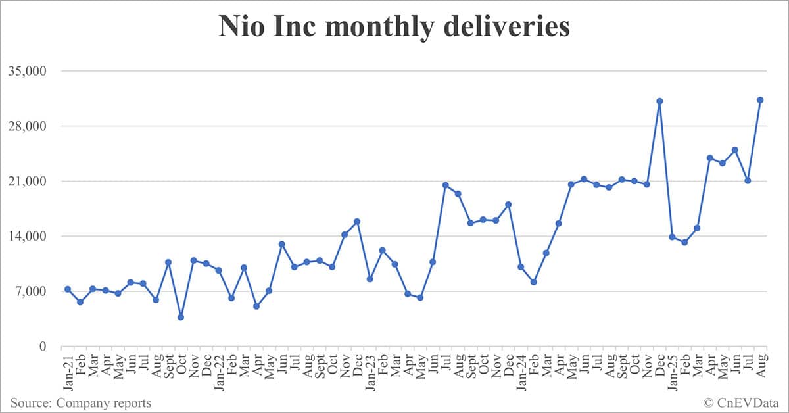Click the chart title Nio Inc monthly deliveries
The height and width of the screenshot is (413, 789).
[394, 27]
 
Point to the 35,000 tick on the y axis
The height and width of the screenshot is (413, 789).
[32, 71]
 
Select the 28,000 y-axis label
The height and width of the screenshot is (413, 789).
[32, 126]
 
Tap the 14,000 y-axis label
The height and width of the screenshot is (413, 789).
[32, 236]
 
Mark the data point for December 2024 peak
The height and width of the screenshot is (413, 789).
[659, 101]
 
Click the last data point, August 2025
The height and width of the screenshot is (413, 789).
[760, 100]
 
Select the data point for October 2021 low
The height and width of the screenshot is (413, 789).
[181, 318]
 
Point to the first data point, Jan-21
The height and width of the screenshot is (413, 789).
[68, 289]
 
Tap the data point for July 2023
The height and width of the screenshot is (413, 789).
[445, 185]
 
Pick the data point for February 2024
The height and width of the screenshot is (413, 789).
[533, 282]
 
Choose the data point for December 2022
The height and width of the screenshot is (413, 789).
[357, 222]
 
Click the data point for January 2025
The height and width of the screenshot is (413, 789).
[672, 237]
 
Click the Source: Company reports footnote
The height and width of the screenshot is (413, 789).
[80, 402]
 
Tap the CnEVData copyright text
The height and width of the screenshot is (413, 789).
[741, 402]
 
